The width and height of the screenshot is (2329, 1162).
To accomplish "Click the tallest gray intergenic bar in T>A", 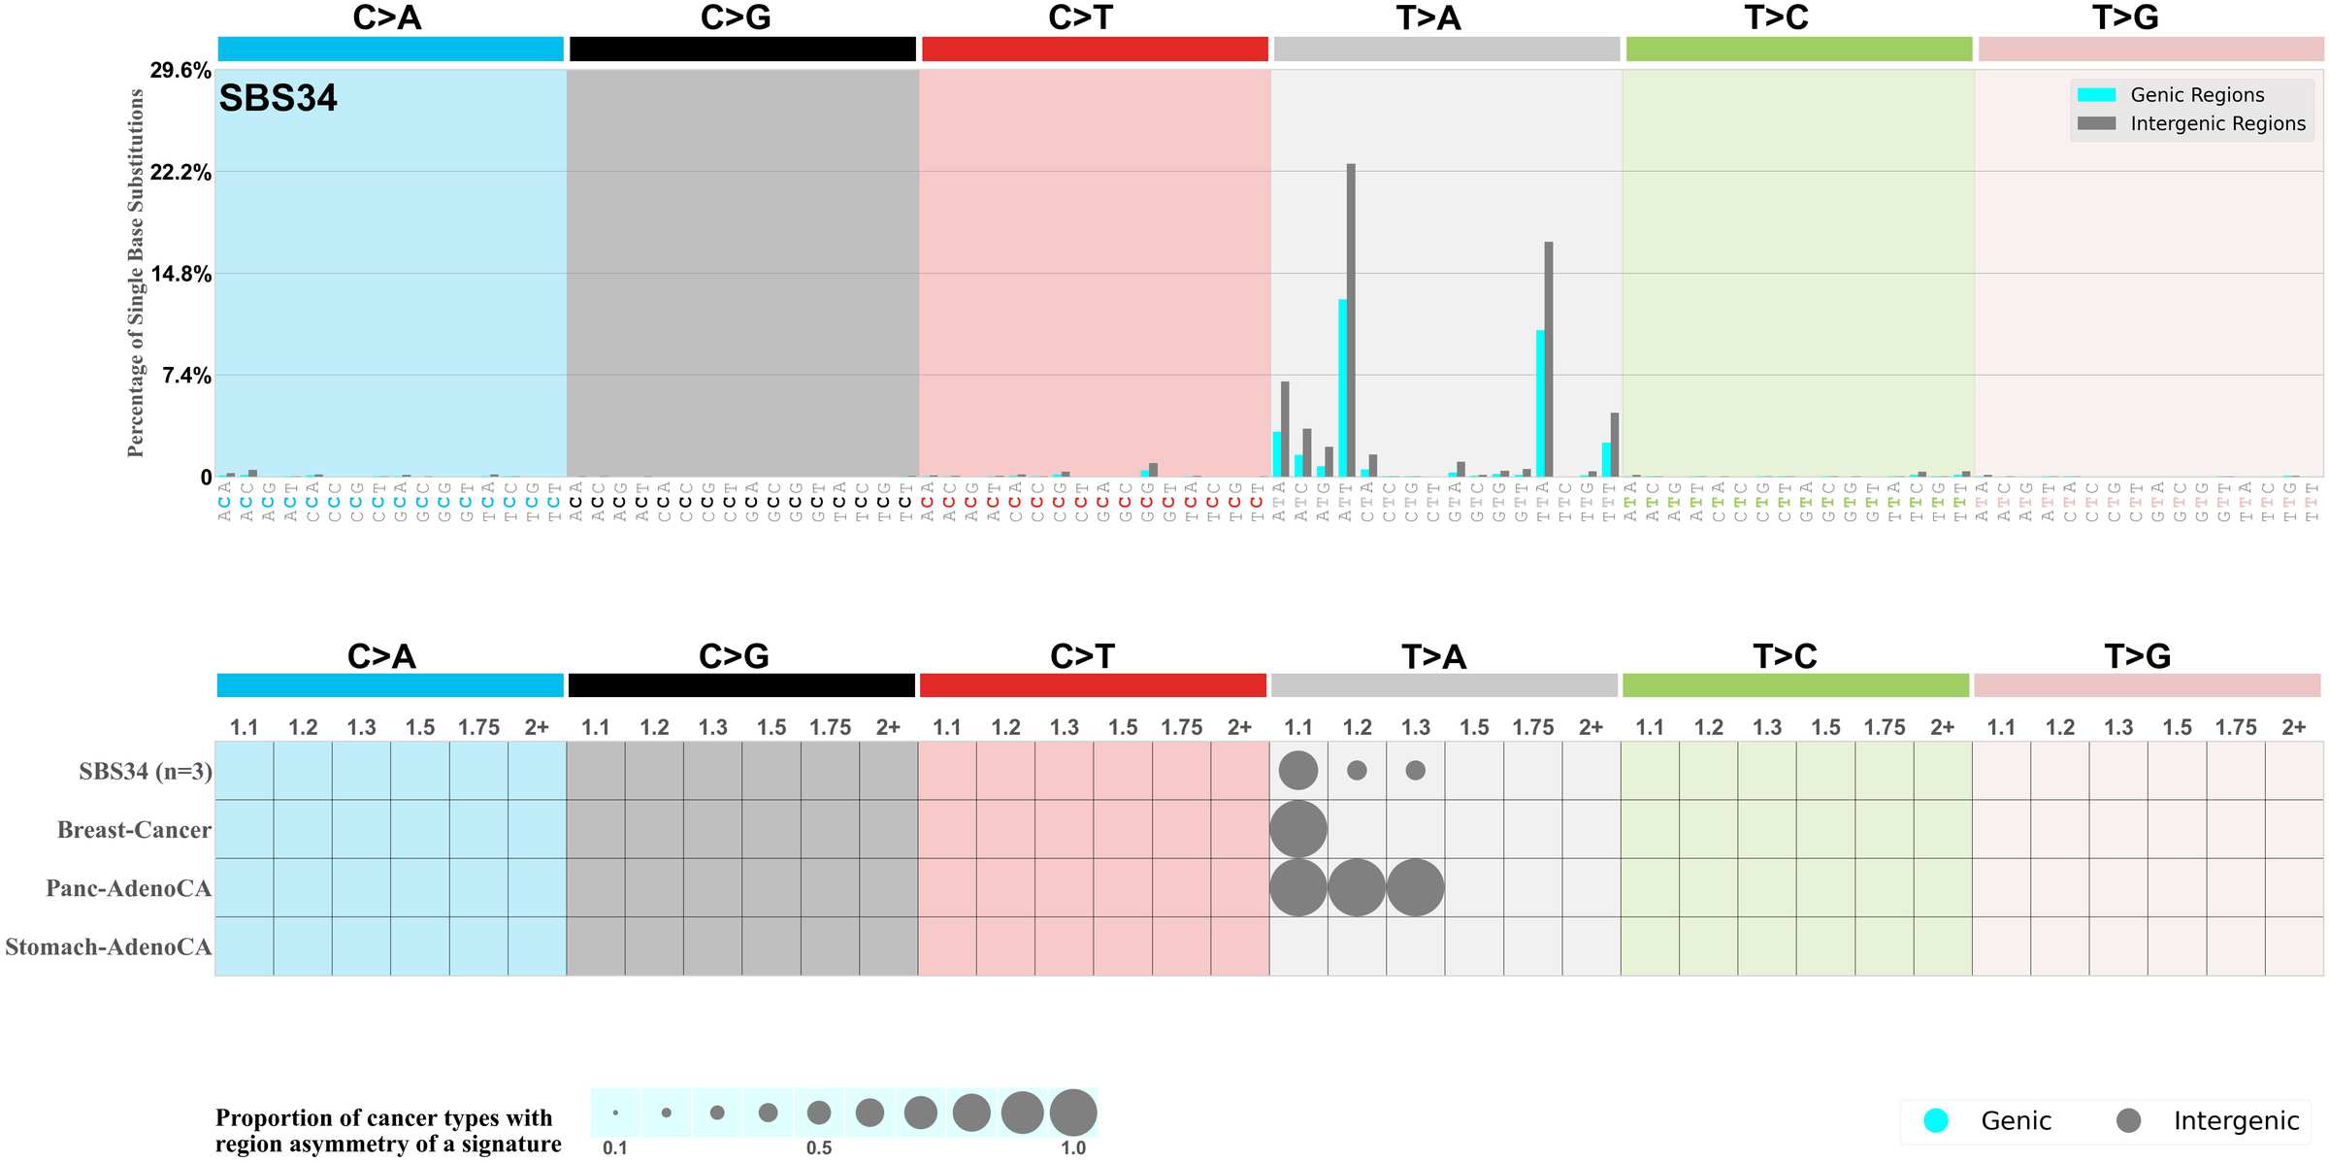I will [x=1351, y=320].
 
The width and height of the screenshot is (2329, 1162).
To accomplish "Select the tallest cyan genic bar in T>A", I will [x=1342, y=388].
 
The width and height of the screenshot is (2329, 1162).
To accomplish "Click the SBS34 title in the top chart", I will [x=278, y=98].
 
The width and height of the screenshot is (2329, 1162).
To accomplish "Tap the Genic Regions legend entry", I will [x=2196, y=95].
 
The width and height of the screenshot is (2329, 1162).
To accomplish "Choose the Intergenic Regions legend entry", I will [x=2216, y=123].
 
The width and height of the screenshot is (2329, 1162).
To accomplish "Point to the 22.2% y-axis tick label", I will [x=180, y=173].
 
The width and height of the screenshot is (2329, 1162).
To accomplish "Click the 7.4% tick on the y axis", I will [x=186, y=376].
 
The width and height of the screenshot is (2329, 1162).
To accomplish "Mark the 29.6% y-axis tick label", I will [x=180, y=71].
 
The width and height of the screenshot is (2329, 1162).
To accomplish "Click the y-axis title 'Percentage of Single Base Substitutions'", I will [x=136, y=273].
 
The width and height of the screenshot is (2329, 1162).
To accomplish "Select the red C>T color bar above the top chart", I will [x=1095, y=49].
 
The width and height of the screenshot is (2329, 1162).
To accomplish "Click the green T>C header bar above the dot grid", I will [x=1795, y=685].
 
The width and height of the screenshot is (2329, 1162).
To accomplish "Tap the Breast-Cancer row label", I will [x=134, y=830].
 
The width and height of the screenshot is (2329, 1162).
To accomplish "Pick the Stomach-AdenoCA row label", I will [x=108, y=946].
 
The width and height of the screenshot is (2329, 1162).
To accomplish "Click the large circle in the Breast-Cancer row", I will [x=1298, y=829].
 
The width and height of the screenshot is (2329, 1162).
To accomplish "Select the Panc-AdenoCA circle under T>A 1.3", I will [x=1415, y=887].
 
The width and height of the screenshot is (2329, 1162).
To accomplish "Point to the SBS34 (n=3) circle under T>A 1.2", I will [x=1357, y=770].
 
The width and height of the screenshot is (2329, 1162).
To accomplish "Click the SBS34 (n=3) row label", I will [x=146, y=772].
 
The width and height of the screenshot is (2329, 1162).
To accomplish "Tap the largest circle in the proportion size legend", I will [x=1072, y=1112].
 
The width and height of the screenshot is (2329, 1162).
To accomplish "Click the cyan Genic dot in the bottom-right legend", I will [x=1936, y=1120].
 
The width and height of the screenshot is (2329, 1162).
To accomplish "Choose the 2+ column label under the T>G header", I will [x=2293, y=727].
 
